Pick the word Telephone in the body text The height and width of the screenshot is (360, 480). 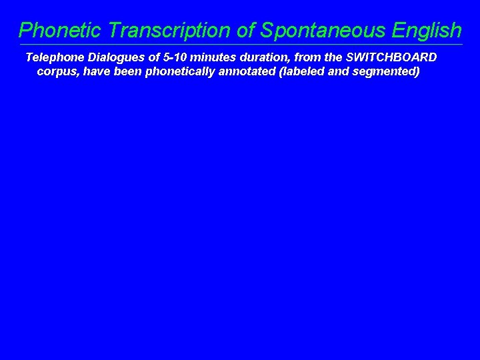(x=55, y=57)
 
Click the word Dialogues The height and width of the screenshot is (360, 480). (x=118, y=57)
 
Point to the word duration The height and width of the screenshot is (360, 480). (x=265, y=57)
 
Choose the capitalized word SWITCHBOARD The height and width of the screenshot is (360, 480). (x=391, y=57)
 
